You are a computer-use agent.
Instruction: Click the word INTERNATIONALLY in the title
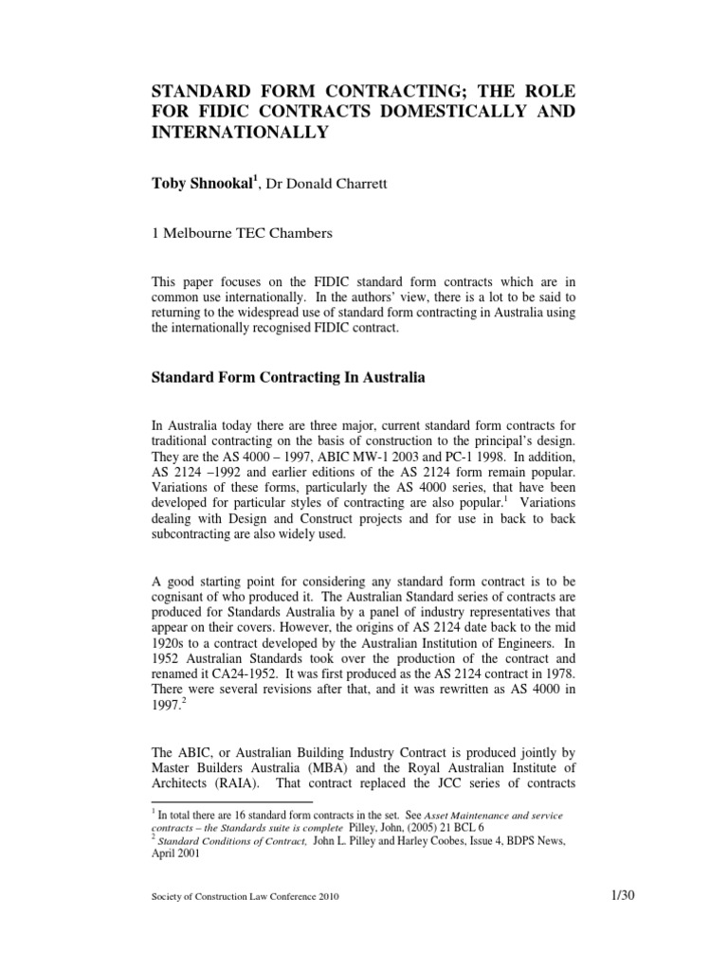click(x=240, y=132)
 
